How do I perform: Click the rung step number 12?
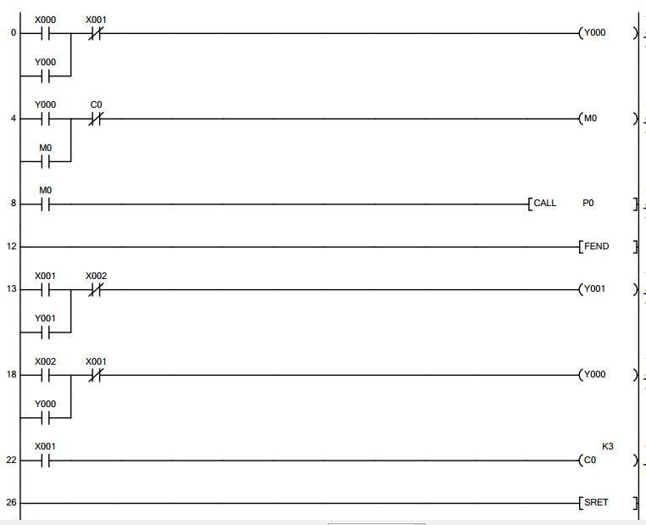pyautogui.click(x=11, y=247)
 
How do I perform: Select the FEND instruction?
pyautogui.click(x=596, y=247)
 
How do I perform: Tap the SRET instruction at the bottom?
pyautogui.click(x=596, y=502)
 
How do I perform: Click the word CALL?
pyautogui.click(x=545, y=204)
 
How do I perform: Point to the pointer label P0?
pyautogui.click(x=588, y=204)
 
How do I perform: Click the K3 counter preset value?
pyautogui.click(x=607, y=446)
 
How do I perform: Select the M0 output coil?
pyautogui.click(x=590, y=119)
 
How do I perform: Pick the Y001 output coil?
pyautogui.click(x=593, y=289)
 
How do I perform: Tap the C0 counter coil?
pyautogui.click(x=590, y=461)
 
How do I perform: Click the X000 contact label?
pyautogui.click(x=45, y=20)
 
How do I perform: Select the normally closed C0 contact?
pyautogui.click(x=96, y=119)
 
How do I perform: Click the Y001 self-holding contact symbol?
pyautogui.click(x=45, y=332)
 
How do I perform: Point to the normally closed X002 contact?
pyautogui.click(x=96, y=289)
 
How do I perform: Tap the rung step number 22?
pyautogui.click(x=11, y=461)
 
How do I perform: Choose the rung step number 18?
pyautogui.click(x=11, y=374)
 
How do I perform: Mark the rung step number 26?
pyautogui.click(x=11, y=502)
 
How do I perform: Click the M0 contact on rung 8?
pyautogui.click(x=45, y=204)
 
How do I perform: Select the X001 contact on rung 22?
pyautogui.click(x=45, y=461)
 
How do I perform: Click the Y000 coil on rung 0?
pyautogui.click(x=593, y=33)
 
